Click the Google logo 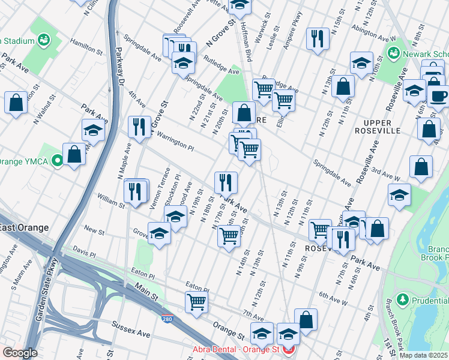coord(19,353)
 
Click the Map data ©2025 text coord(423,355)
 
